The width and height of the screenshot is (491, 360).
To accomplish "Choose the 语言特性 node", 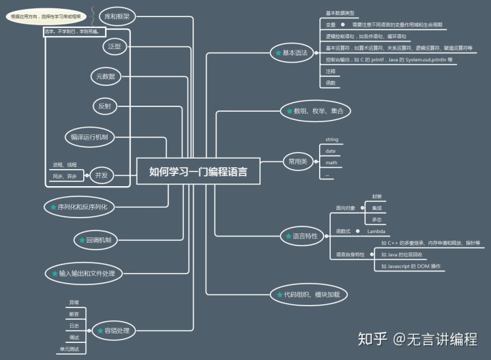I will coord(301,236).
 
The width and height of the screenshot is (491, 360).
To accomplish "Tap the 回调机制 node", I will coord(99,239).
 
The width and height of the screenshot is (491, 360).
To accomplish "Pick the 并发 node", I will coord(102,175).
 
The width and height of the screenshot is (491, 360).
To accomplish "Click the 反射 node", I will coord(104,106).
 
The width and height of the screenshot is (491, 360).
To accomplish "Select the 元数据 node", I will coord(106,76).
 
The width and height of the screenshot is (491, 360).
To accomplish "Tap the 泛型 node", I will coord(114,46).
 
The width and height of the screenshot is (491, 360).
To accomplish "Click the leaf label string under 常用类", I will coord(331,139).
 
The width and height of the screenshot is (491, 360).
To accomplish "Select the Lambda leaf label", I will coord(376,231).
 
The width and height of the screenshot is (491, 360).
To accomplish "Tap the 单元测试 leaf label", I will coord(70,349).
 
